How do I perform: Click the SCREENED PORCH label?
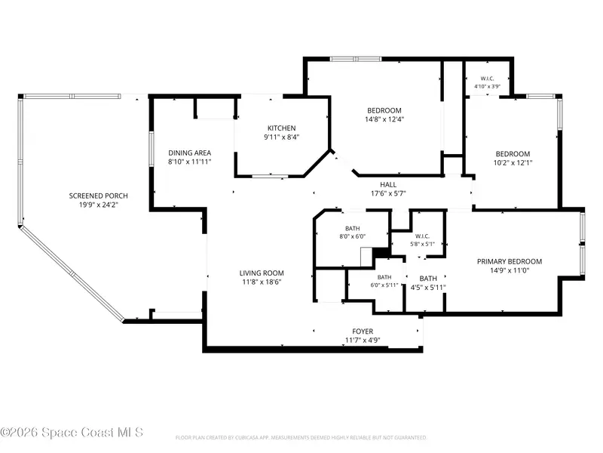pos(99,196)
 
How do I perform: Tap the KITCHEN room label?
pos(281,128)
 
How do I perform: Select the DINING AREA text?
pos(190,153)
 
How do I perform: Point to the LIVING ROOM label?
pos(262,273)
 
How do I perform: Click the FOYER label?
pos(363,331)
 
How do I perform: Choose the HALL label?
pos(388,184)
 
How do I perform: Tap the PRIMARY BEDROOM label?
pos(510,261)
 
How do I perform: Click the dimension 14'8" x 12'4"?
pos(384,119)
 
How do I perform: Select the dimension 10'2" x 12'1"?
pos(513,163)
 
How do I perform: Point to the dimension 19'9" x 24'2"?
pos(99,205)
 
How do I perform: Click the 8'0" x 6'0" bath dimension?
pos(352,236)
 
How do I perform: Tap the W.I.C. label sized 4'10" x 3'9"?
pos(487,79)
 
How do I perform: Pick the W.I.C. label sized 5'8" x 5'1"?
pos(422,236)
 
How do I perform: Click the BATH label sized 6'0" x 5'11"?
pos(384,277)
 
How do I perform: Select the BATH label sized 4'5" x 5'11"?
pos(428,279)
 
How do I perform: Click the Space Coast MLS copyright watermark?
pos(72,433)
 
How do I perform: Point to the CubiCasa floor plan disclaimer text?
pos(301,438)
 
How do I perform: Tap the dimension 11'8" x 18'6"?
pos(262,282)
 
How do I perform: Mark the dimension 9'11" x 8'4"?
pos(281,137)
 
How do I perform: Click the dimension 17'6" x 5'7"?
pos(388,194)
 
